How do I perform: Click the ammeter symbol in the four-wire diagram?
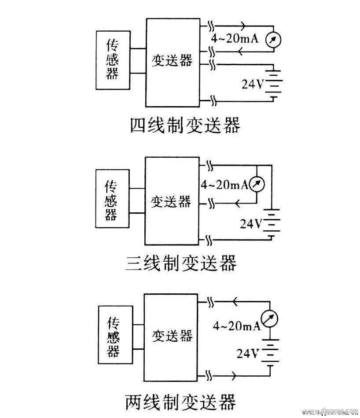click(273, 40)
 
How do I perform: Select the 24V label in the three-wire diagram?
click(251, 224)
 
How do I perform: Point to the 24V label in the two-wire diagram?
click(248, 353)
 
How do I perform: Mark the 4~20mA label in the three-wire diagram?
click(224, 185)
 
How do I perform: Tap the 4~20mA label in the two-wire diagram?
click(236, 326)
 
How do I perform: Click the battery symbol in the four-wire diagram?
click(273, 82)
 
